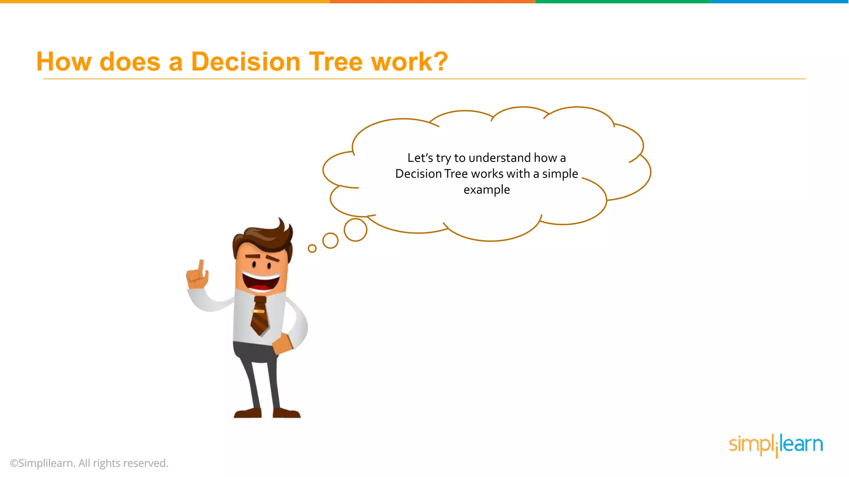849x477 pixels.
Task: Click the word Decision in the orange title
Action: pos(245,62)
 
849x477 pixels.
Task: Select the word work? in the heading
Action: pos(409,62)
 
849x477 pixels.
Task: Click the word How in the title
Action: pos(63,62)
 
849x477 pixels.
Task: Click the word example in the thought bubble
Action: pos(487,190)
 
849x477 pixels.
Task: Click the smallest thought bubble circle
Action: pos(312,248)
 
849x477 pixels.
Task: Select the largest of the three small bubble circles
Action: pos(355,230)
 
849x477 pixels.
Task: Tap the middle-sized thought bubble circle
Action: pos(330,241)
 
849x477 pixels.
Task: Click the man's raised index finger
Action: pos(201,267)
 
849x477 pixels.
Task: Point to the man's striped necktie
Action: pos(260,316)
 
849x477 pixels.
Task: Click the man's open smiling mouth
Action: pos(260,282)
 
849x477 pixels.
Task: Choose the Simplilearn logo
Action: pos(776,445)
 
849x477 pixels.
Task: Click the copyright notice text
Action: pos(89,463)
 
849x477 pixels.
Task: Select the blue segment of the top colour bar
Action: pos(779,2)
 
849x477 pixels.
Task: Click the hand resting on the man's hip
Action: pos(282,343)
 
